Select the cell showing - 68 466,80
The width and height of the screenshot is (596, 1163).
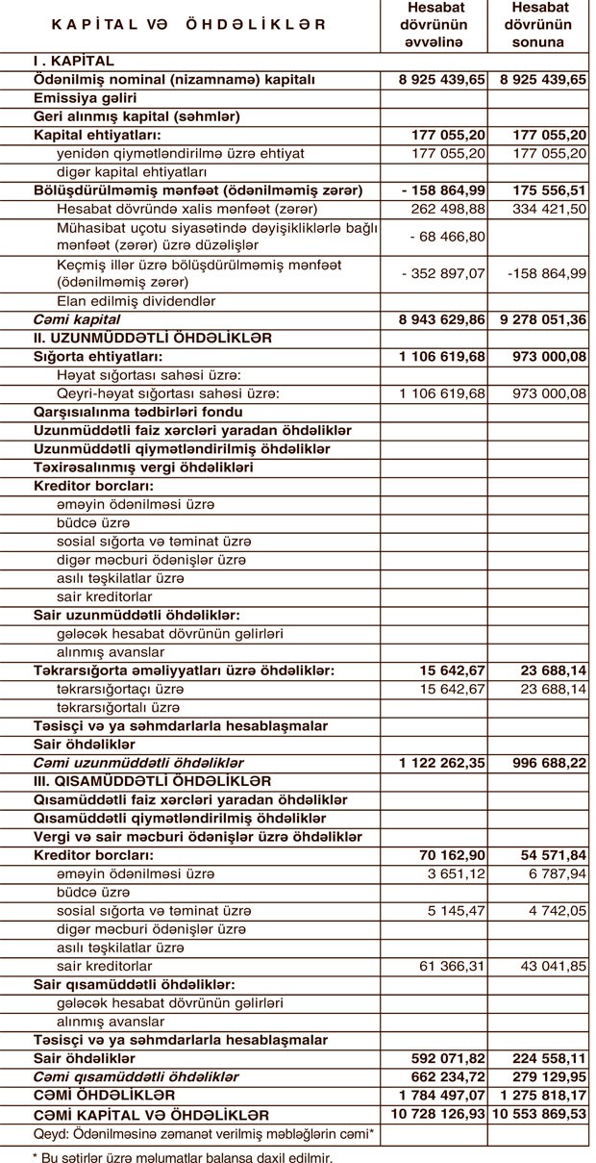pyautogui.click(x=447, y=236)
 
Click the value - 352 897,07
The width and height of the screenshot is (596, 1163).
pyautogui.click(x=443, y=273)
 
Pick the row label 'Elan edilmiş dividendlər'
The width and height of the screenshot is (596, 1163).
pyautogui.click(x=136, y=301)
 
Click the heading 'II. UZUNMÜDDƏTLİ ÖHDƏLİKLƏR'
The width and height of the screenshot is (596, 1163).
pyautogui.click(x=153, y=338)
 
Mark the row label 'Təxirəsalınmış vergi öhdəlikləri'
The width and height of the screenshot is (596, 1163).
pyautogui.click(x=143, y=468)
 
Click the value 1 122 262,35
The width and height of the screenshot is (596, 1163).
pyautogui.click(x=441, y=763)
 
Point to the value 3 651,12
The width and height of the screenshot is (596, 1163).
pyautogui.click(x=457, y=873)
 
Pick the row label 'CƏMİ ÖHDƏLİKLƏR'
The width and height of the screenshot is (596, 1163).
pyautogui.click(x=105, y=1095)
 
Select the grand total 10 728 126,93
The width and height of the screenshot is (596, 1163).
pyautogui.click(x=437, y=1114)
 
